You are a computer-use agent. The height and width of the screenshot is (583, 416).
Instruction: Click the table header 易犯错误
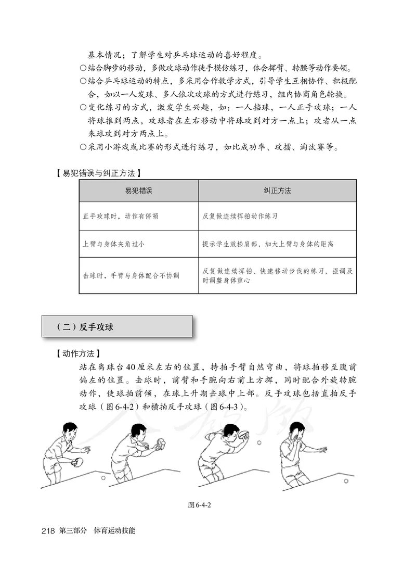[x=138, y=191]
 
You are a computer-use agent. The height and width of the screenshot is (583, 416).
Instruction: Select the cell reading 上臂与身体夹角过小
[x=113, y=244]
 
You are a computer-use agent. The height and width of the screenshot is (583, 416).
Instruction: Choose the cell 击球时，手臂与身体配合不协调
[x=131, y=275]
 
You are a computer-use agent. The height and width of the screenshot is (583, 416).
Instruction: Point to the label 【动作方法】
[x=76, y=353]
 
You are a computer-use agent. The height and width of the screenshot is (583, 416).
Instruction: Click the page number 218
[x=48, y=531]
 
